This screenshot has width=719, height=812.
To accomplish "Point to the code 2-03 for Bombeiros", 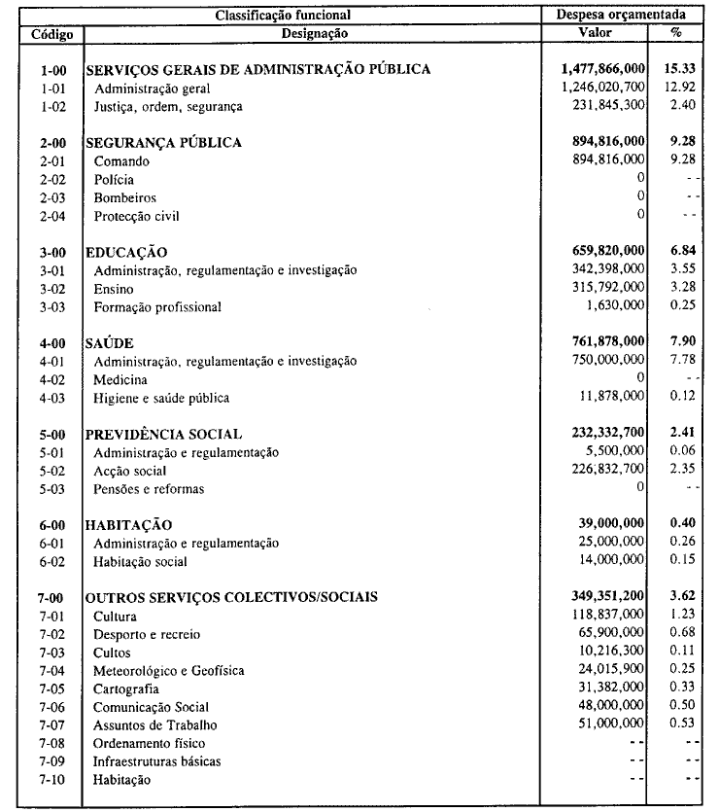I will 51,197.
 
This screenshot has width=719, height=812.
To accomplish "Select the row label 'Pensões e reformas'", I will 149,489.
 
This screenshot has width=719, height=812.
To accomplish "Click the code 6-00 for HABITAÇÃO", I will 51,525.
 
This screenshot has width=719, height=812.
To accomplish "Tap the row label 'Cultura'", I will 116,617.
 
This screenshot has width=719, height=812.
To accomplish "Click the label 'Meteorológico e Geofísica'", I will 168,671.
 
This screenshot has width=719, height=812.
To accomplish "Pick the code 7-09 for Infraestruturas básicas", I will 51,761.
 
